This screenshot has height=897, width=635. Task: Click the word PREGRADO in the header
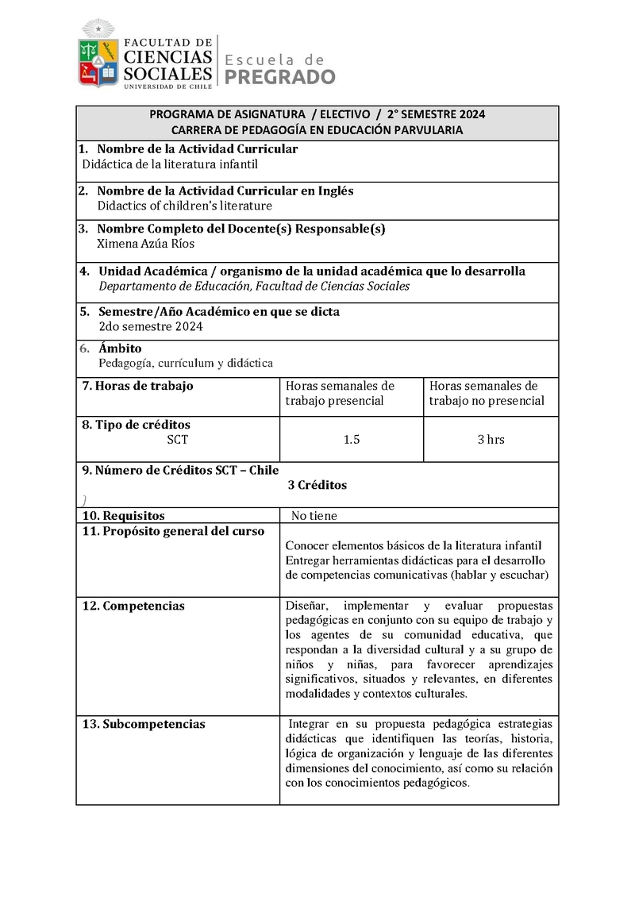pos(280,77)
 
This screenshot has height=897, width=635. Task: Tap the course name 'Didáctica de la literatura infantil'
pos(171,164)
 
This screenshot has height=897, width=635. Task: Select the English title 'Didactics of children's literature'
pos(184,206)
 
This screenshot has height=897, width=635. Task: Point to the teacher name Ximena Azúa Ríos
pos(145,244)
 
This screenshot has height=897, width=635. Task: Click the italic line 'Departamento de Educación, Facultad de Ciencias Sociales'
pos(254,286)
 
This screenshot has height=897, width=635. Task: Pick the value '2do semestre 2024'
pos(151,326)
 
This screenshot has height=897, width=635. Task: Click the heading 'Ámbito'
pos(120,348)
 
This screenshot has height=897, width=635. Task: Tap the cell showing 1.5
pos(352,439)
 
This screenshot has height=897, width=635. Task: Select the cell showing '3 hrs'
pos(491,439)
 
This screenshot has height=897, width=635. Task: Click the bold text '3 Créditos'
pos(317,485)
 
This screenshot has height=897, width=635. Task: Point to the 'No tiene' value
pos(314,516)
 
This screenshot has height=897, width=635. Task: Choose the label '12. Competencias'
pos(133,606)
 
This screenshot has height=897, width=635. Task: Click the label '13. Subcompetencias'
pos(144,724)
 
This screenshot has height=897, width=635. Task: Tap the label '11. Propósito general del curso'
pos(174,531)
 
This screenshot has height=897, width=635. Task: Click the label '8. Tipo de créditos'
pos(137,425)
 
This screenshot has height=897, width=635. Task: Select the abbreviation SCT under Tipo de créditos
pos(178,439)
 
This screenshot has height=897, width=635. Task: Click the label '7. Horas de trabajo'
pos(138,386)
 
